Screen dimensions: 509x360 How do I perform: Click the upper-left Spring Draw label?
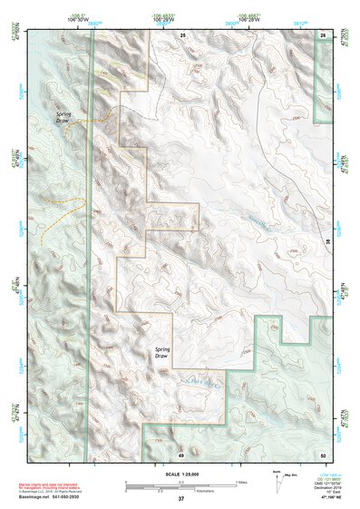[x=63, y=118]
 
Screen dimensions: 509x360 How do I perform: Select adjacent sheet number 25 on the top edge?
[x=182, y=34]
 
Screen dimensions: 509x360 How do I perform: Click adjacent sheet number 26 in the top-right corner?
[x=323, y=34]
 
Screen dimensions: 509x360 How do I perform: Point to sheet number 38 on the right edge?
[x=327, y=241]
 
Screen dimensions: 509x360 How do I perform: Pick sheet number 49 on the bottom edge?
[x=181, y=453]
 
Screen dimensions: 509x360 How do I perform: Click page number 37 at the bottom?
[x=181, y=499]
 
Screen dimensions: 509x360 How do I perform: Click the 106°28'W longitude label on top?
[x=250, y=18]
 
